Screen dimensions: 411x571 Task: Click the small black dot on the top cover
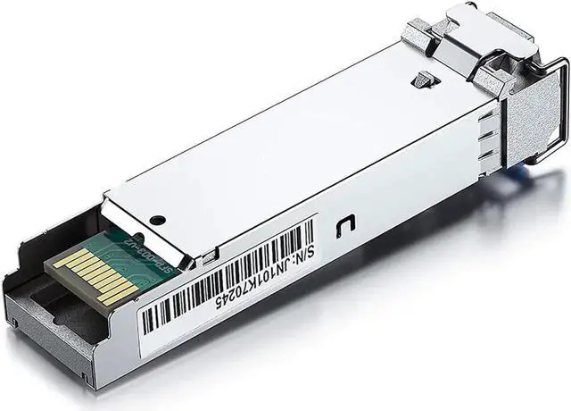pyautogui.click(x=158, y=219)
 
